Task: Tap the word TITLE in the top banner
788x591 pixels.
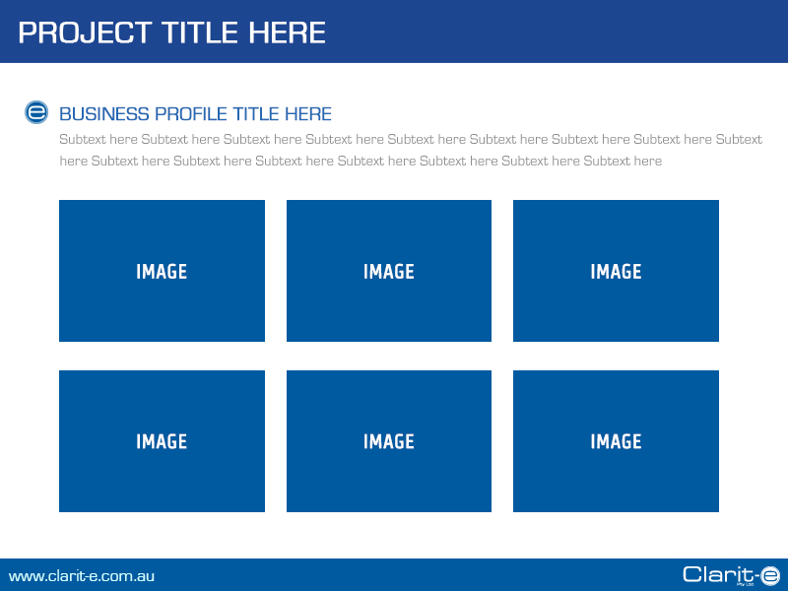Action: click(x=201, y=33)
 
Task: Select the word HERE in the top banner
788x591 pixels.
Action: click(x=287, y=33)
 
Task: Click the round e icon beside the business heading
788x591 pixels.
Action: click(x=36, y=112)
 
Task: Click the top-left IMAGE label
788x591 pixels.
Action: click(x=162, y=272)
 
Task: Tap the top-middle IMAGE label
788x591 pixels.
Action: click(x=389, y=272)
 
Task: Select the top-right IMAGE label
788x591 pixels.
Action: click(x=616, y=272)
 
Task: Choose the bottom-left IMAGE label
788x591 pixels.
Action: click(x=162, y=442)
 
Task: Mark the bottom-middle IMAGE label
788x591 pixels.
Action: click(x=389, y=442)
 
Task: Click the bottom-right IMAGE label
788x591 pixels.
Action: click(x=616, y=442)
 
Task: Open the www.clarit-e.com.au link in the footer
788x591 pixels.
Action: click(x=82, y=576)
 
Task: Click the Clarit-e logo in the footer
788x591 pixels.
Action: click(x=730, y=575)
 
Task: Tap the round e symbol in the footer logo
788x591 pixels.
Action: click(x=769, y=575)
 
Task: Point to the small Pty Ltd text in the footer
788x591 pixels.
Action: click(x=746, y=585)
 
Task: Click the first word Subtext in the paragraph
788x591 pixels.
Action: click(x=83, y=140)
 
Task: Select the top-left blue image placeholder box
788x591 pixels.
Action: click(x=162, y=236)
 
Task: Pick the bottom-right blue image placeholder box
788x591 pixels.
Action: click(x=616, y=483)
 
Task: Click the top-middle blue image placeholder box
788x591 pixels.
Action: click(x=389, y=236)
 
